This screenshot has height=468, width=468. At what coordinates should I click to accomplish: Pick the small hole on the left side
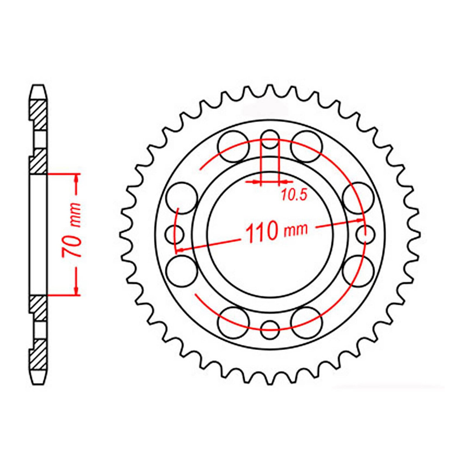pos(175,234)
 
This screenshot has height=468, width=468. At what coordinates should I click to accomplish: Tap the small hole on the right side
pos(366,234)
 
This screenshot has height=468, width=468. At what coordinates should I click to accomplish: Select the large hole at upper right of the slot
pos(307,146)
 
